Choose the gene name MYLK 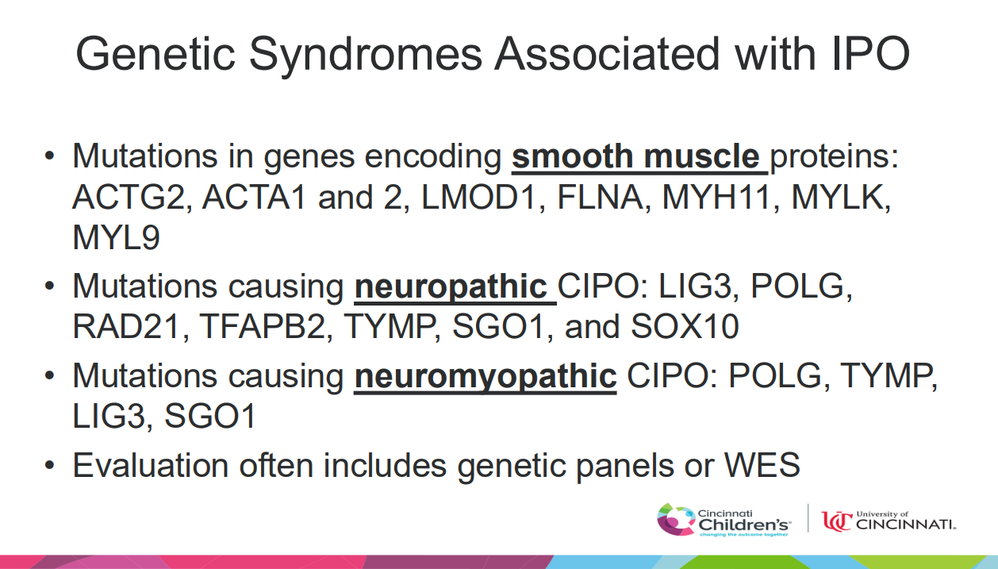pyautogui.click(x=854, y=198)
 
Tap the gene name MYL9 pyautogui.click(x=116, y=238)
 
